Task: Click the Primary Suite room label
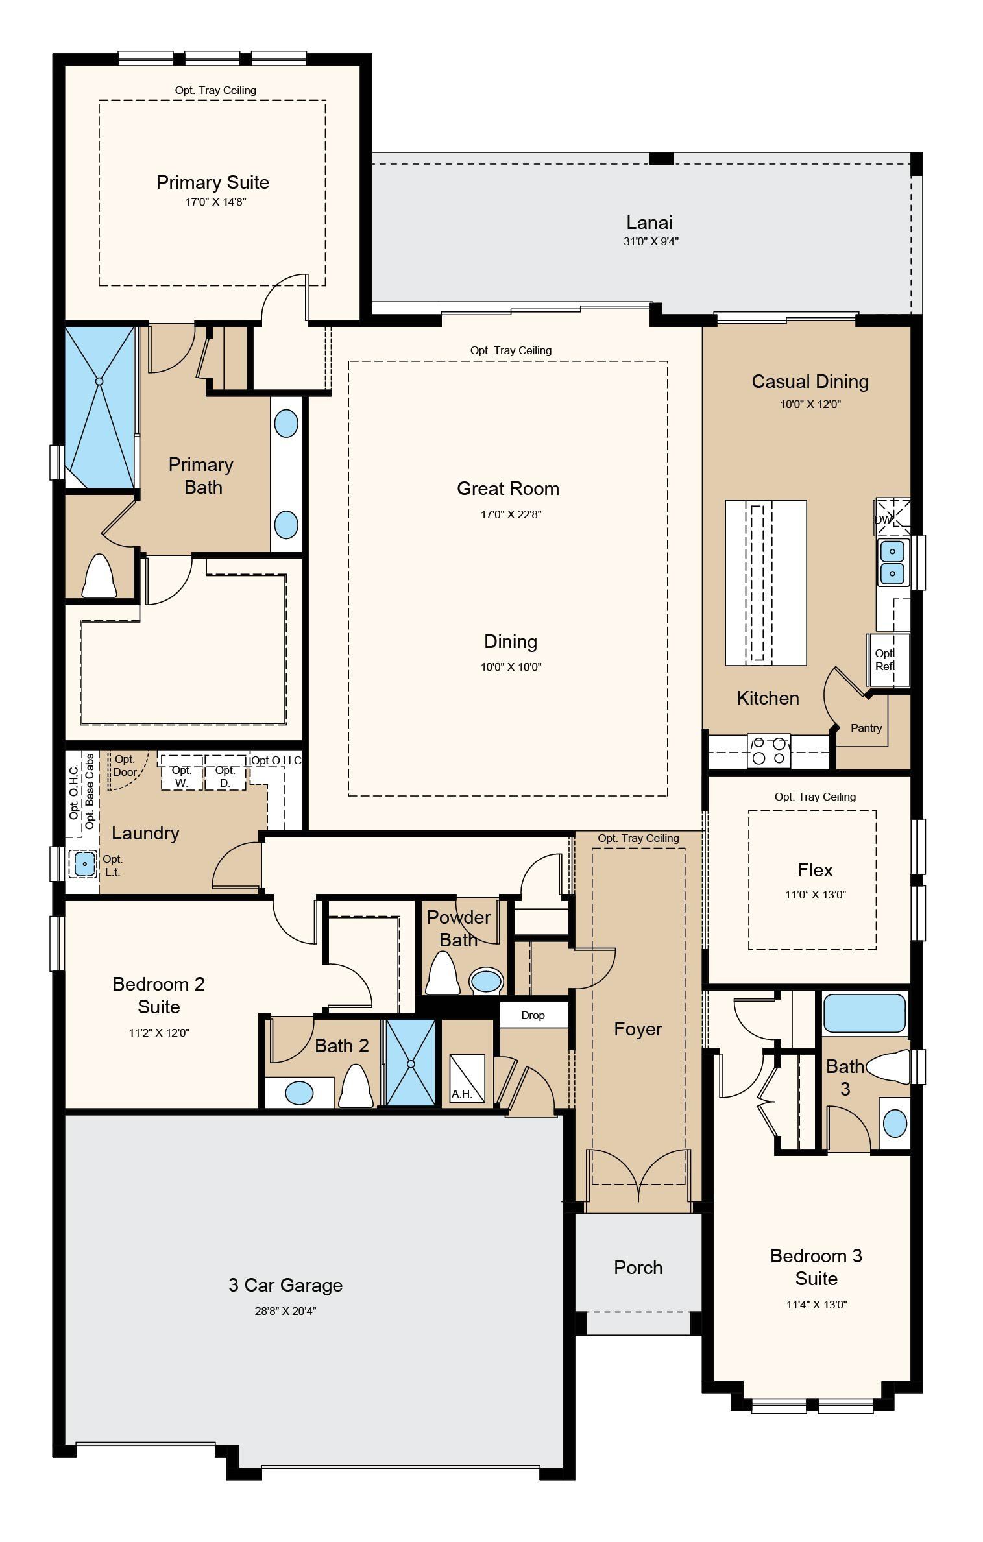(213, 182)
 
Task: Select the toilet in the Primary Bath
(99, 575)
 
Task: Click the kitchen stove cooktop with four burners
(769, 751)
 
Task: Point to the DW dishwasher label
(883, 520)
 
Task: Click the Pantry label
(866, 728)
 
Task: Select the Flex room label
(815, 870)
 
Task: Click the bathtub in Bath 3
(864, 1013)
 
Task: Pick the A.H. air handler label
(462, 1094)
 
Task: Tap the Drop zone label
(533, 1015)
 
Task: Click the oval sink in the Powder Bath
(486, 981)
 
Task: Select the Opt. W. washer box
(182, 772)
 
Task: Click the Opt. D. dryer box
(225, 772)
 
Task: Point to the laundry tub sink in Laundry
(85, 864)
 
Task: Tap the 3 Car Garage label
(285, 1285)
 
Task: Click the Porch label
(638, 1268)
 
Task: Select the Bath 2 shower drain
(411, 1064)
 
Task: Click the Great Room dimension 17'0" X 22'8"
(511, 514)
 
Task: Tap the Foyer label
(638, 1029)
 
